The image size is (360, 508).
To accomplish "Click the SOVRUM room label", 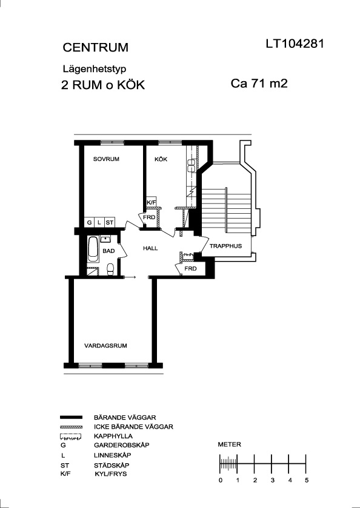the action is pos(106,159).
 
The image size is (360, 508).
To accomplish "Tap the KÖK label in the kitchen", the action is pos(161,159).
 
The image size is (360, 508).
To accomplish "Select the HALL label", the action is pos(150,248).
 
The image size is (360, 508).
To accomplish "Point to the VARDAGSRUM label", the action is pos(105,346).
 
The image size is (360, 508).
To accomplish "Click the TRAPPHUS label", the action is pos(225,246).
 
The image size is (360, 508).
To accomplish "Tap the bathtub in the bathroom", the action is pos(93,249).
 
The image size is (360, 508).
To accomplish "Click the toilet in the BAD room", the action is pos(110,269).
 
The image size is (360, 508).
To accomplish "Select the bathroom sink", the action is pos(105,239).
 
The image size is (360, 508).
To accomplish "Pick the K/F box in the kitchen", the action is pos(152,201).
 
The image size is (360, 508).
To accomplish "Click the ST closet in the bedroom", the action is pos(110,222).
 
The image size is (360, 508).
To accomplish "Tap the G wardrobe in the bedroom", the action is pos(89,222).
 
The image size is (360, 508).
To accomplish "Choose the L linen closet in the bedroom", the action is pos(99,222).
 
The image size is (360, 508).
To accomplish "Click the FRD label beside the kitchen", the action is pos(149,217).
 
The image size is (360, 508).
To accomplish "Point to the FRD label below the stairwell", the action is pos(190,269).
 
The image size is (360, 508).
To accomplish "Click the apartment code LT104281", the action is pos(295,44).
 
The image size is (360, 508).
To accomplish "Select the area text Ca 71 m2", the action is pos(259,84).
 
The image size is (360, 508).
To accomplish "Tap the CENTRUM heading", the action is pos(95,48).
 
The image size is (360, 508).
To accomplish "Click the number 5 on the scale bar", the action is pos(307,480).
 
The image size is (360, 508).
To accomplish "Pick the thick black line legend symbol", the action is pos(71,417).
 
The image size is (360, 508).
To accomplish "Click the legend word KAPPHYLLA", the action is pos(113,436).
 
